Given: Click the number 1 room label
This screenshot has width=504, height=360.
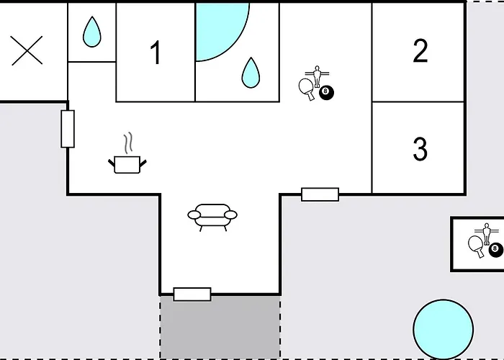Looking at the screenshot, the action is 156,53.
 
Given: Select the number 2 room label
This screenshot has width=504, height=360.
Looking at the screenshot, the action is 420,50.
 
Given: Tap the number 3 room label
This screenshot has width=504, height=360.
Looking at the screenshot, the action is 420,148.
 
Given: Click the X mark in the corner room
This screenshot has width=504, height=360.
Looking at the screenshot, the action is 27,50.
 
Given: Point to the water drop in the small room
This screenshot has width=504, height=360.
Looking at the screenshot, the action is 92,32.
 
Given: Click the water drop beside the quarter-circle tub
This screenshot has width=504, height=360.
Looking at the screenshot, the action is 251,73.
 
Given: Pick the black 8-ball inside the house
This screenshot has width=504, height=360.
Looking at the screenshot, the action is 326,92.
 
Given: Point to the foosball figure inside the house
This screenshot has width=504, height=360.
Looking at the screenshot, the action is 318,76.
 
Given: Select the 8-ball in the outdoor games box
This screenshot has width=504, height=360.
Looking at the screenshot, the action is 496,249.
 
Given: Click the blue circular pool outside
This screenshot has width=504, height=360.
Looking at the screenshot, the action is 444,329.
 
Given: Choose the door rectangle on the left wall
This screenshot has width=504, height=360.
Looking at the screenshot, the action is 68,129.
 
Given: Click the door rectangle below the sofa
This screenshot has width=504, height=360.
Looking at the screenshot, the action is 192,294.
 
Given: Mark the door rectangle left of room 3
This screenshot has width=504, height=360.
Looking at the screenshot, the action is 320,194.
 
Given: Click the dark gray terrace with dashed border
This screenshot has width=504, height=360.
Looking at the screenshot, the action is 220,327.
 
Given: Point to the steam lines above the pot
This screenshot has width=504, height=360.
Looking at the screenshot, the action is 128,143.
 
